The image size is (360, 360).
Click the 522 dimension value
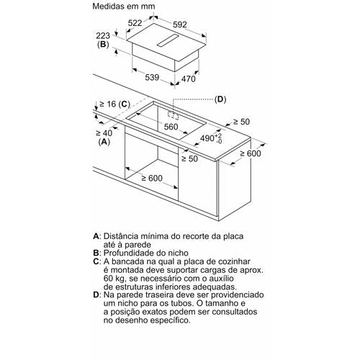click(135, 23)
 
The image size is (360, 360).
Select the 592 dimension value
click(180, 24)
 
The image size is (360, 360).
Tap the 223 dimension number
click(103, 36)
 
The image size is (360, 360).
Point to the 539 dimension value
click(152, 77)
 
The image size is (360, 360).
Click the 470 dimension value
click(189, 78)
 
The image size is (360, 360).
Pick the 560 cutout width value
click(171, 127)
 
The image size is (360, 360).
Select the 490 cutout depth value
click(207, 138)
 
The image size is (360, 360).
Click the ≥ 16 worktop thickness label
click(108, 104)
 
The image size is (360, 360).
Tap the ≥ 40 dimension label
click(104, 133)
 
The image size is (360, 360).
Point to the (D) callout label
click(220, 99)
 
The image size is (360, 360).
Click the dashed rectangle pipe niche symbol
click(174, 114)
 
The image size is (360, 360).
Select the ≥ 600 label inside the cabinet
click(152, 178)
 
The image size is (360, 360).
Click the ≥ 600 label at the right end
click(251, 153)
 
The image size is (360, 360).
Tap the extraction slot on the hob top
click(168, 40)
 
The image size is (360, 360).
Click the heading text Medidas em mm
click(124, 6)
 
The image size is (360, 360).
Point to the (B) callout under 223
click(103, 45)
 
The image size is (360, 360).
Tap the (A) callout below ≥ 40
click(104, 142)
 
